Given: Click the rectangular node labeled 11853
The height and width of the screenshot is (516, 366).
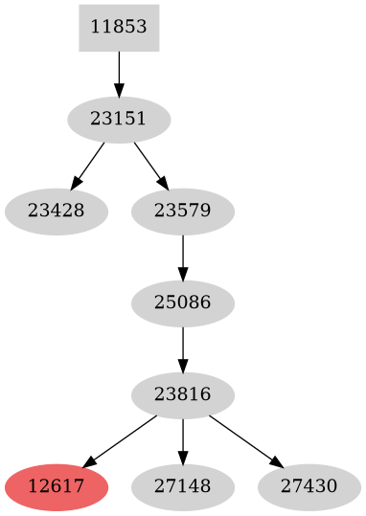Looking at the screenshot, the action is [119, 27].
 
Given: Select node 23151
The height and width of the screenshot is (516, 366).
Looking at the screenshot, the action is [119, 120].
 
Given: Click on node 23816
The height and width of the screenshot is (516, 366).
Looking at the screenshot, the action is [182, 393].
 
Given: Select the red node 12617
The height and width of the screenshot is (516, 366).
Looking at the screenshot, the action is [56, 485].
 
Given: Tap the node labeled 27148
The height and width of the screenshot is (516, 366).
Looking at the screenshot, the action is [182, 485].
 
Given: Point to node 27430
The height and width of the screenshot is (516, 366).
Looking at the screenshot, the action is [309, 485].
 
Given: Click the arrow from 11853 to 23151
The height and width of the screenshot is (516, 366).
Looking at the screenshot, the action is [119, 72].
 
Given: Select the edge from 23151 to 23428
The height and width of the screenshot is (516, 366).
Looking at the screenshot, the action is [89, 163].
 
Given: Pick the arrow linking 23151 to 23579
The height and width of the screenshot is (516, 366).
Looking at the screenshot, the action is [149, 164].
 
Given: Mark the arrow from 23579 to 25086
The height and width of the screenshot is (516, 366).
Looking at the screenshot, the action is [182, 256].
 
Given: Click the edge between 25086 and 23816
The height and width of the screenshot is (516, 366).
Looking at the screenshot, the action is [182, 347].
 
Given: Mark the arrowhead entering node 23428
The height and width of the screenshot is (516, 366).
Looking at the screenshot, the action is [75, 184].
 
